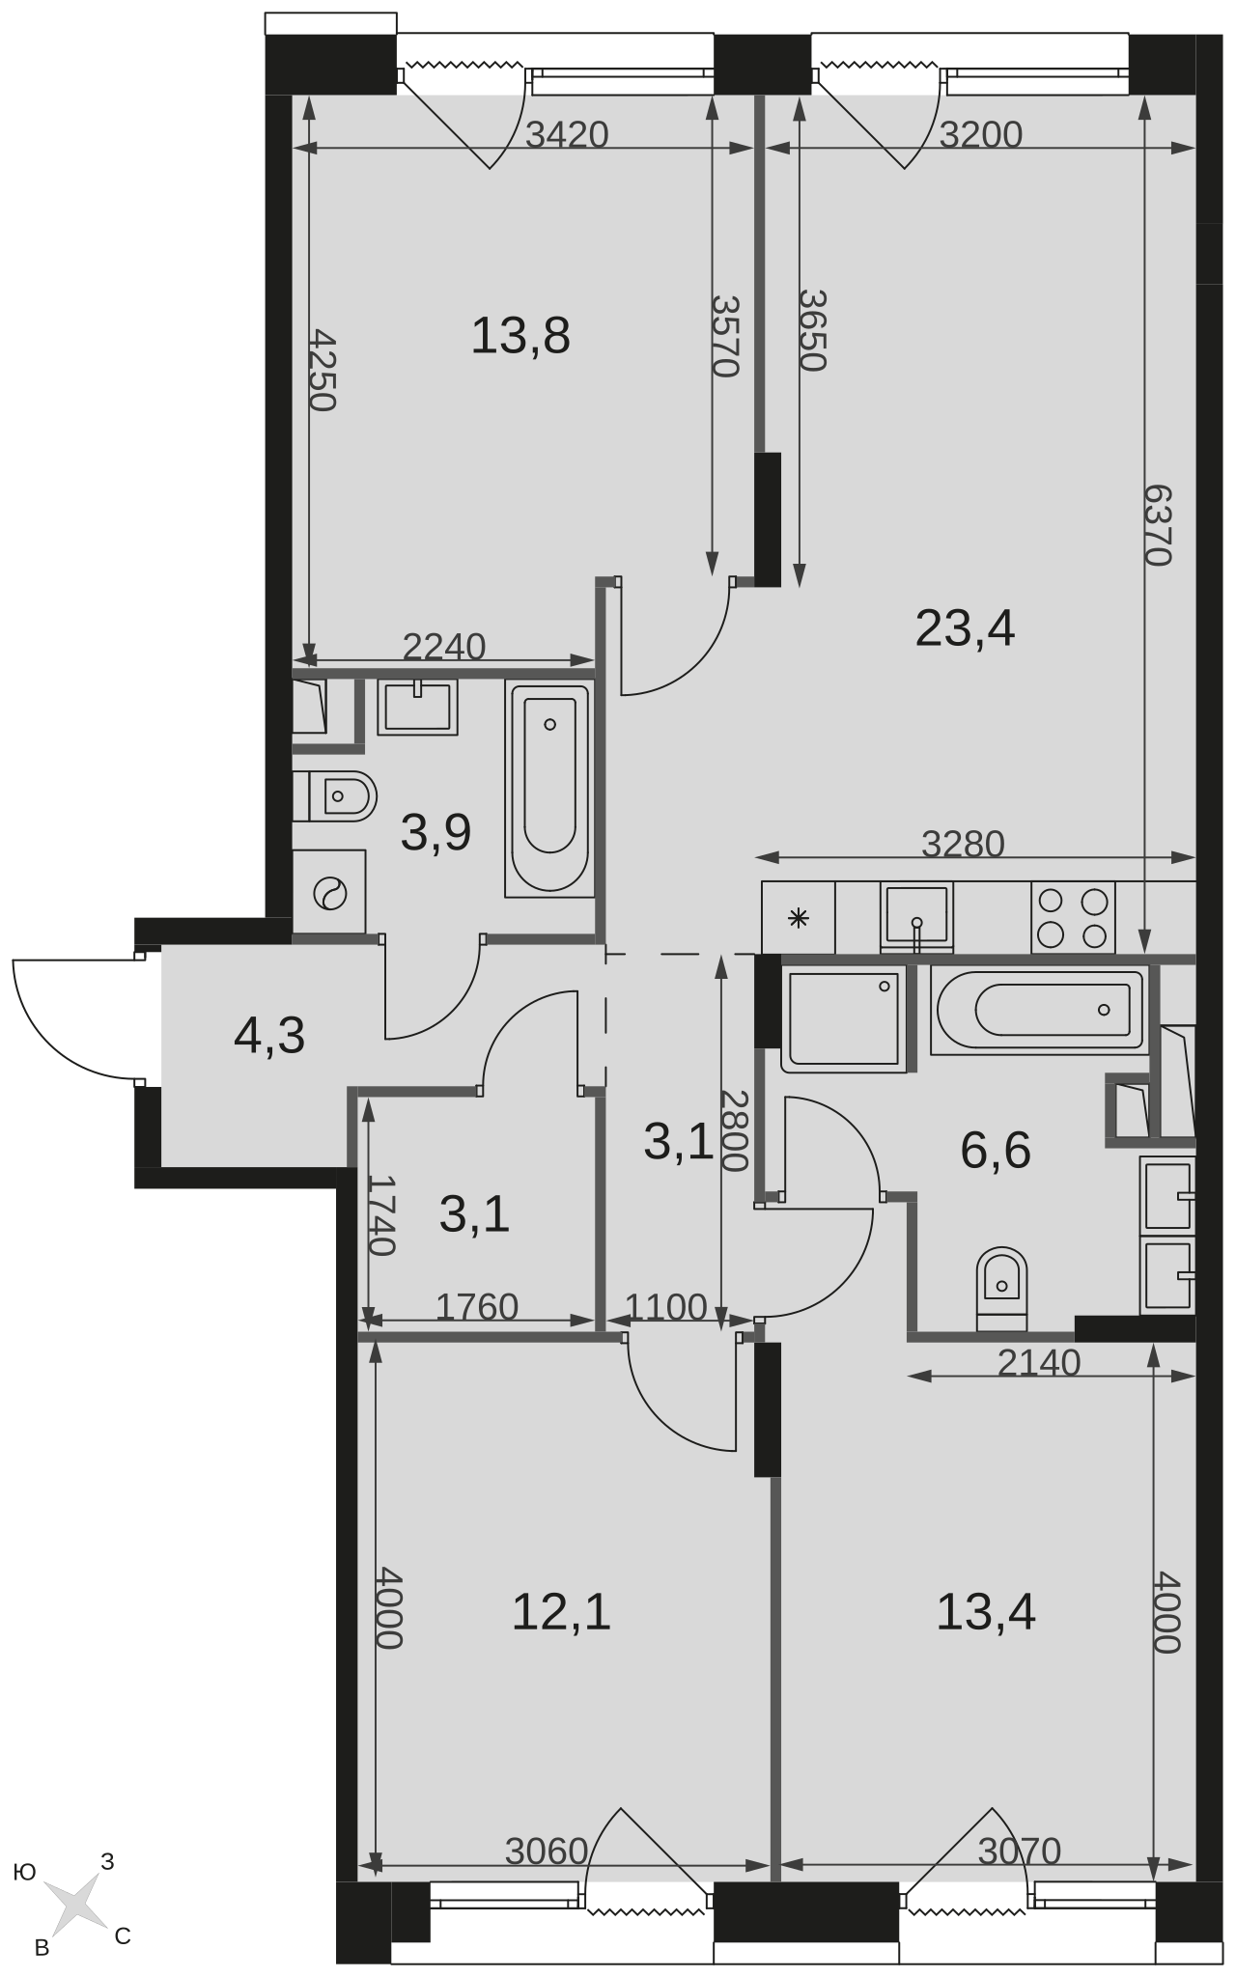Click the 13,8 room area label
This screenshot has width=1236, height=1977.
pos(520,337)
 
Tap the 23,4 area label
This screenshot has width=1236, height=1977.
pos(965,629)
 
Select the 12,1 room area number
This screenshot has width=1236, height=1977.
pos(561,1611)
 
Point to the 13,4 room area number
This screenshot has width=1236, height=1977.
pos(986,1611)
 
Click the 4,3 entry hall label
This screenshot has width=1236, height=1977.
pos(269,1036)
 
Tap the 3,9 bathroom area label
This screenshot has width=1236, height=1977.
pos(435,833)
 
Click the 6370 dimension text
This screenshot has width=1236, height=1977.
pos(1158,524)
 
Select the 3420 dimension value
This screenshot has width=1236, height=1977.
pos(567,134)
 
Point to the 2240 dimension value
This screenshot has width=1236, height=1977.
pos(443,647)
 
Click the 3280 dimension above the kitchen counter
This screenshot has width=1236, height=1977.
pos(963,844)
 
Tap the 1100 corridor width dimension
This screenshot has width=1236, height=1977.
pos(666,1307)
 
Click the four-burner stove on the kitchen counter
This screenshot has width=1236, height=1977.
pos(1073,917)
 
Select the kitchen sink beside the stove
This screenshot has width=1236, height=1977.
pos(916,918)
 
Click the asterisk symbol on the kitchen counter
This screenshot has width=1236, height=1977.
pos(799,918)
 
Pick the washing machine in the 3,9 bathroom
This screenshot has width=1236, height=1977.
pos(329,893)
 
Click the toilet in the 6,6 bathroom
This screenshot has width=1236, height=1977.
pos(1001,1290)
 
